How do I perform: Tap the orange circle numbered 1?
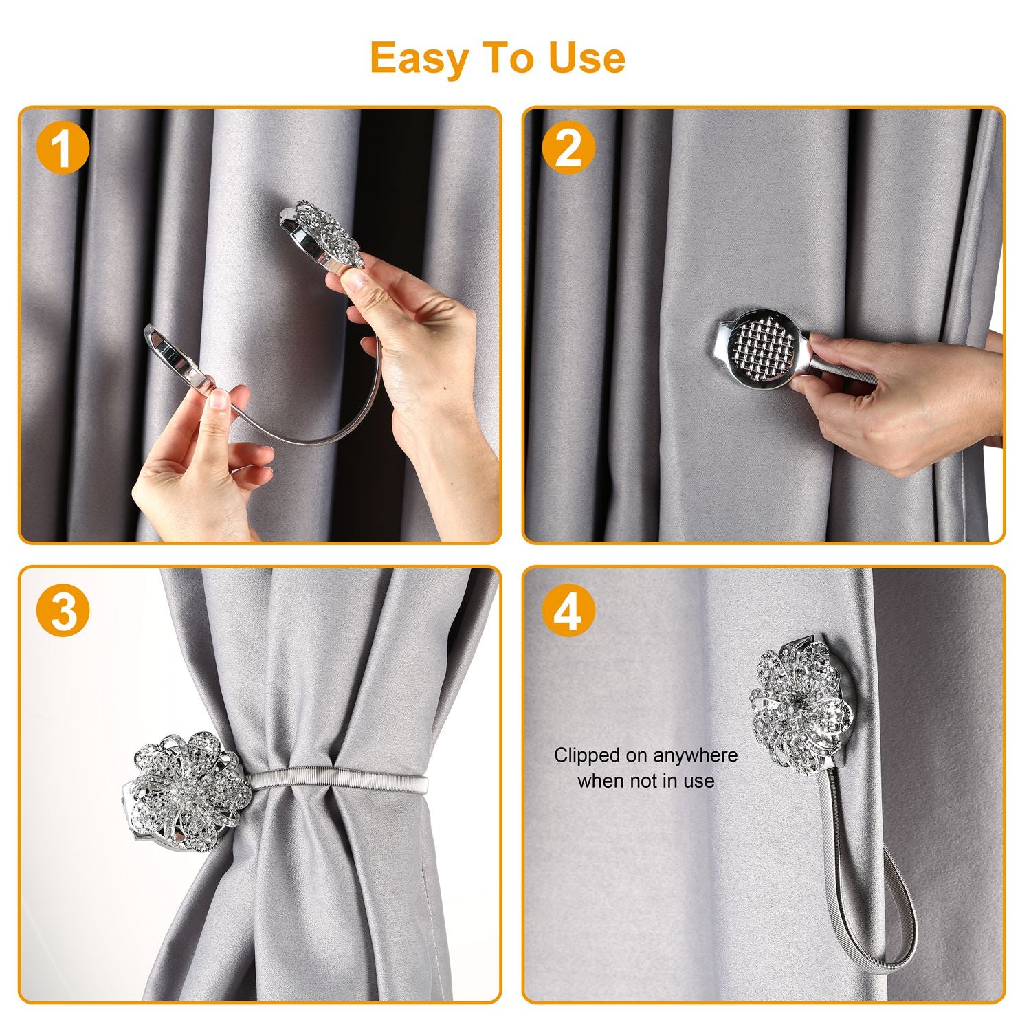click(x=63, y=148)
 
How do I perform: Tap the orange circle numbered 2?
click(x=568, y=148)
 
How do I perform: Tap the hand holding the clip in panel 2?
click(x=894, y=399)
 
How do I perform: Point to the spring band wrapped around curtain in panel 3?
click(x=337, y=781)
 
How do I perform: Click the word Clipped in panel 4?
click(x=587, y=755)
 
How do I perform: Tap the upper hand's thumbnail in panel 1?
click(x=356, y=278)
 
